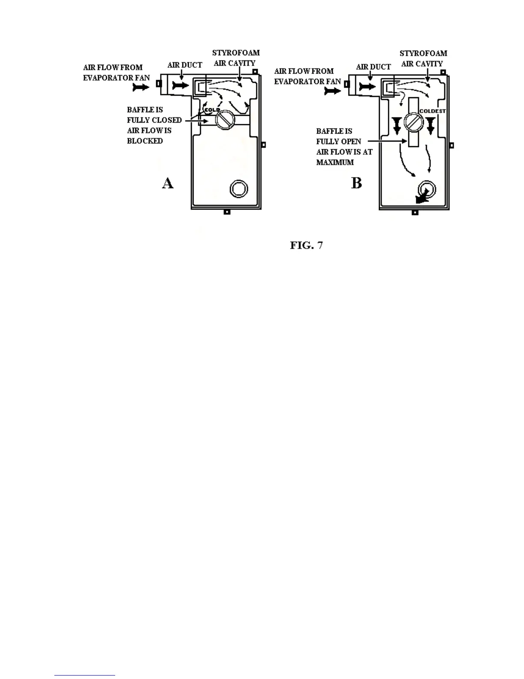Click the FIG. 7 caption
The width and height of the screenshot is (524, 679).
click(x=306, y=245)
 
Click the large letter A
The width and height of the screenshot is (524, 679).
click(x=168, y=183)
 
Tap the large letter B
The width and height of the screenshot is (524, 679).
click(x=356, y=183)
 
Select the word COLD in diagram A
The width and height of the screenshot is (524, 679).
click(x=212, y=110)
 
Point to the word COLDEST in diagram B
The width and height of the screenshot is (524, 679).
click(x=432, y=111)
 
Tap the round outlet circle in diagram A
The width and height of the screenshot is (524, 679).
click(x=238, y=189)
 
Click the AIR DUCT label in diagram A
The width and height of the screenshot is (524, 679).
click(x=185, y=65)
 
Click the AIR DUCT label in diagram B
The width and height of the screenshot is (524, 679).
click(x=373, y=67)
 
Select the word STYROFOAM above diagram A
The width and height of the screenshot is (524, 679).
click(x=236, y=53)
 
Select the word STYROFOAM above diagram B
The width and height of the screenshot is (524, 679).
click(x=423, y=54)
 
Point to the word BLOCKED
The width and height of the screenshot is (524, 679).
click(x=145, y=141)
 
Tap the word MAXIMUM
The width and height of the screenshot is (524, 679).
click(x=335, y=162)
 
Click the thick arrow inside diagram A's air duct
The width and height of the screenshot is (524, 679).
click(x=180, y=86)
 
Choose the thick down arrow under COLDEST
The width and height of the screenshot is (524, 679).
click(x=430, y=125)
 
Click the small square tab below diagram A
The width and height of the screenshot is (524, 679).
click(x=227, y=212)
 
